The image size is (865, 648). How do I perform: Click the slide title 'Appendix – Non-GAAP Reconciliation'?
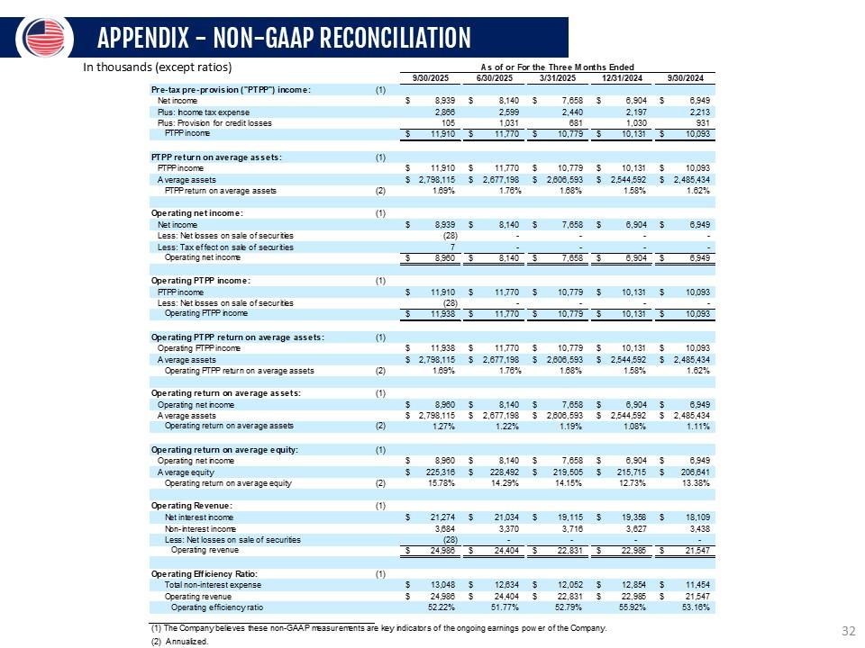click(284, 38)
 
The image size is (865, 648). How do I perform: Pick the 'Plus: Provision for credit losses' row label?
click(214, 122)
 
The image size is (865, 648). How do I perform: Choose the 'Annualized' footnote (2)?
click(180, 642)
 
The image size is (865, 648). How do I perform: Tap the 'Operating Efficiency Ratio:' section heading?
click(205, 573)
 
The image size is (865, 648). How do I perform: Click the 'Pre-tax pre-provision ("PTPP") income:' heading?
click(232, 89)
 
